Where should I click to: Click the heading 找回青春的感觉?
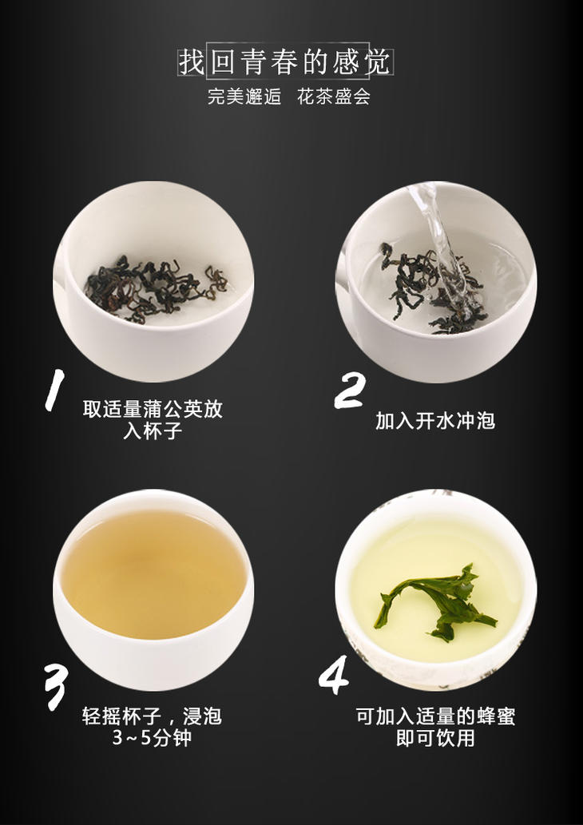click(x=284, y=62)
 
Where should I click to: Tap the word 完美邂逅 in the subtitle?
click(x=244, y=97)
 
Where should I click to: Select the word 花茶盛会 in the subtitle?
click(x=334, y=97)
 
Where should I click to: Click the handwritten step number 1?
click(x=54, y=390)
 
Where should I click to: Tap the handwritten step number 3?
click(x=55, y=687)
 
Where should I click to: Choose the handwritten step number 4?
click(x=334, y=675)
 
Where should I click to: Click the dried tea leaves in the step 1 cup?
click(x=155, y=288)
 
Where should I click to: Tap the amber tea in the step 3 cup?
click(x=153, y=574)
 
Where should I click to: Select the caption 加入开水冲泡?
click(x=435, y=421)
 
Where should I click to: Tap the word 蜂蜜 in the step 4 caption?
click(x=495, y=716)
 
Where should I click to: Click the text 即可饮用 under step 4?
click(x=435, y=738)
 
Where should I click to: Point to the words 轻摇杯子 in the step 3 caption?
click(x=122, y=716)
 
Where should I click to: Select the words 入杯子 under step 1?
click(x=153, y=430)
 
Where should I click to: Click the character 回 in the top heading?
click(x=224, y=62)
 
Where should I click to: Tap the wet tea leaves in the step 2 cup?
click(x=434, y=288)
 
